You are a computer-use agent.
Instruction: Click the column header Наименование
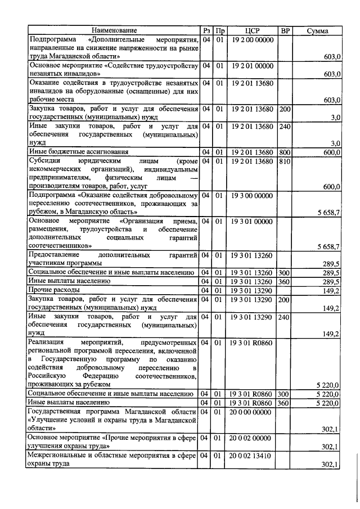click(x=115, y=30)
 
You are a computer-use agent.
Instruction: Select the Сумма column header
click(x=317, y=30)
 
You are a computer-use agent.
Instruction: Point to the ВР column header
click(x=285, y=30)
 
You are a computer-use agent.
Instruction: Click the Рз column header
click(x=206, y=30)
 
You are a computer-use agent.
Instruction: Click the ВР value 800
click(x=285, y=152)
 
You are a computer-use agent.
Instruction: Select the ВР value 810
click(x=285, y=161)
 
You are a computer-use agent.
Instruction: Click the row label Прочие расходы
click(x=51, y=290)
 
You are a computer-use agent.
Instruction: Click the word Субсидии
click(x=44, y=161)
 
